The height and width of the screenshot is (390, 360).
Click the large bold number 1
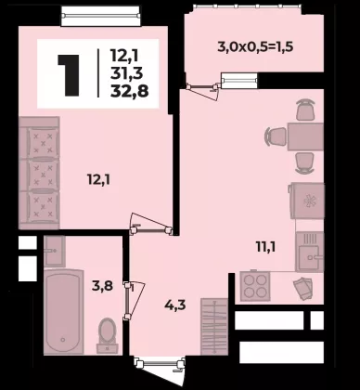(x=69, y=75)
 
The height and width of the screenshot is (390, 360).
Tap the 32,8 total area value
(x=130, y=91)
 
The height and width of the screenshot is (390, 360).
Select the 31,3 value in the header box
(x=126, y=73)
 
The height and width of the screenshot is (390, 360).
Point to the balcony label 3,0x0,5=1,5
(x=255, y=47)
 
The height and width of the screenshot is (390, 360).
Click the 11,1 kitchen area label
(x=265, y=247)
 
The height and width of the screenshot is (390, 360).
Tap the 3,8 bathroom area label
(x=102, y=286)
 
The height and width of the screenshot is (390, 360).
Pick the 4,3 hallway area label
(x=174, y=305)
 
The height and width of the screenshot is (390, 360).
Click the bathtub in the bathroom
(x=64, y=312)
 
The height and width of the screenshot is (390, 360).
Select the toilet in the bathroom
(x=107, y=336)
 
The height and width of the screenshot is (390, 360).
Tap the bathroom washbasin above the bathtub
(x=54, y=251)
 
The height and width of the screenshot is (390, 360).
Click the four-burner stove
(x=255, y=286)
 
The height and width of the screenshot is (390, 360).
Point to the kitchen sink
(x=310, y=252)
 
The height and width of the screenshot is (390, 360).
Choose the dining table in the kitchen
(x=305, y=136)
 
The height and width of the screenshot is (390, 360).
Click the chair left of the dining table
(x=276, y=136)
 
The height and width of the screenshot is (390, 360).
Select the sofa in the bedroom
(x=39, y=173)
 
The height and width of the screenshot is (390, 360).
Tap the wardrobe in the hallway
(x=214, y=327)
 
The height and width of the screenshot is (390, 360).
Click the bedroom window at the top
(x=101, y=16)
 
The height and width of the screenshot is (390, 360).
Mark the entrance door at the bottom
(x=161, y=369)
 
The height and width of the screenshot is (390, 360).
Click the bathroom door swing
(x=135, y=301)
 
